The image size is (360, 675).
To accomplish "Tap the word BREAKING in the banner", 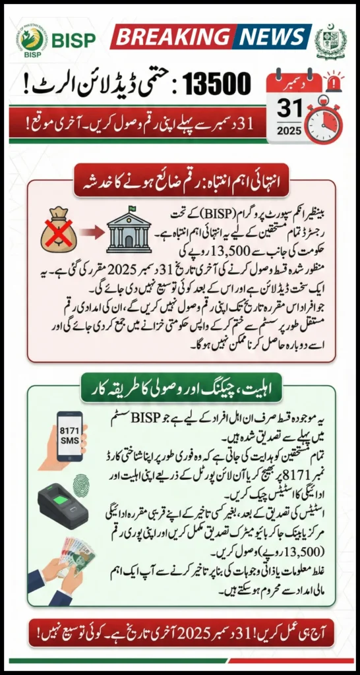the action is pos(172,37).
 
